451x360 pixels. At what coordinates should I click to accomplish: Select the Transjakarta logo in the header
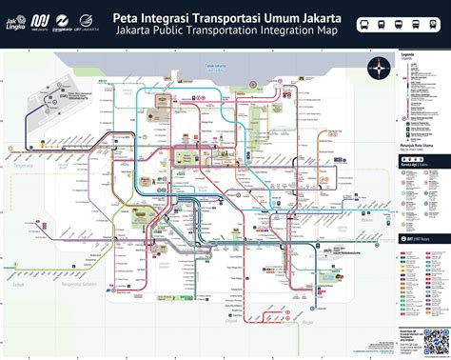click(65, 20)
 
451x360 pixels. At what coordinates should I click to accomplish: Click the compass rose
click(383, 67)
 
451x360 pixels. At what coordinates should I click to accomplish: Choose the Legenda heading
click(409, 55)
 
